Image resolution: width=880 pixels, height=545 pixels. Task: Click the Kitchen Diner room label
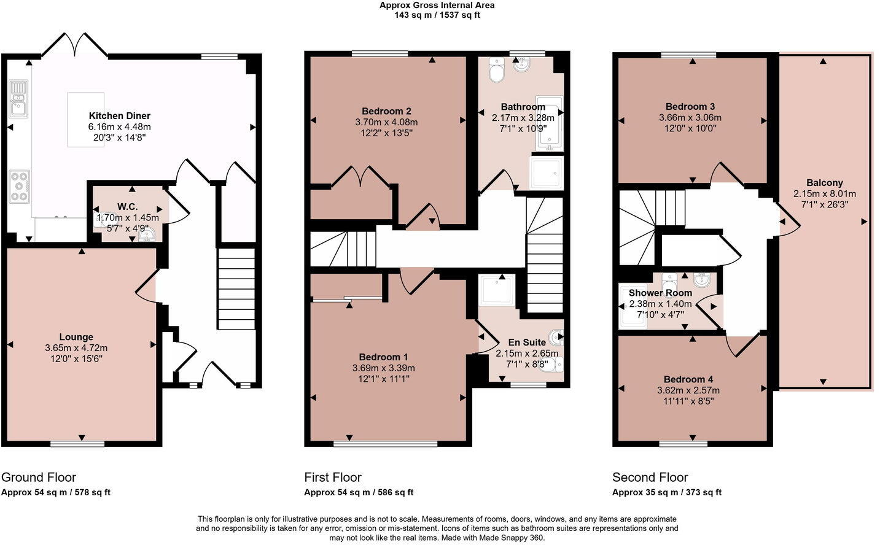[119, 116]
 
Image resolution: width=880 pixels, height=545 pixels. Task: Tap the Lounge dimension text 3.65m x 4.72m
[76, 348]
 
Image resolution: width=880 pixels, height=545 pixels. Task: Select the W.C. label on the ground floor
[128, 206]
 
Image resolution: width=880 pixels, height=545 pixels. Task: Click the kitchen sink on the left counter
[18, 99]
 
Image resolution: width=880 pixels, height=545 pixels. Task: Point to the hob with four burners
[19, 186]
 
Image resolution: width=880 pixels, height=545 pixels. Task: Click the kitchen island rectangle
[85, 120]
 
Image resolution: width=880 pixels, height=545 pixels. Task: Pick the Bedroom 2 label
[386, 111]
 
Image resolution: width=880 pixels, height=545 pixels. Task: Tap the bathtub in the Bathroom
[548, 123]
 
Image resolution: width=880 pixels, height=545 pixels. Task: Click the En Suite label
[526, 342]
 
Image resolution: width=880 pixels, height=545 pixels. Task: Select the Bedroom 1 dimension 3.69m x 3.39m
[383, 368]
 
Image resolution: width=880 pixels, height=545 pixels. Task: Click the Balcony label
[824, 183]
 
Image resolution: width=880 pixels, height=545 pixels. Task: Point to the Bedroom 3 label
[690, 107]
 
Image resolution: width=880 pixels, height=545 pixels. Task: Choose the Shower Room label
[660, 293]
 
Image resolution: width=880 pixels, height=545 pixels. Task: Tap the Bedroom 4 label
[688, 380]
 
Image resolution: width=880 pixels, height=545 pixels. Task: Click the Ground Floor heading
[39, 477]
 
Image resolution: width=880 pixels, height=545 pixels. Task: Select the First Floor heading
[333, 477]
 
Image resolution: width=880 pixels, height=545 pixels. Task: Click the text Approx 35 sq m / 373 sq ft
[666, 492]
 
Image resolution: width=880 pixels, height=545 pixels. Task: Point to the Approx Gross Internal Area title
[437, 6]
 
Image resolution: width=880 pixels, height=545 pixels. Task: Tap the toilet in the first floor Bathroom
[496, 71]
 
